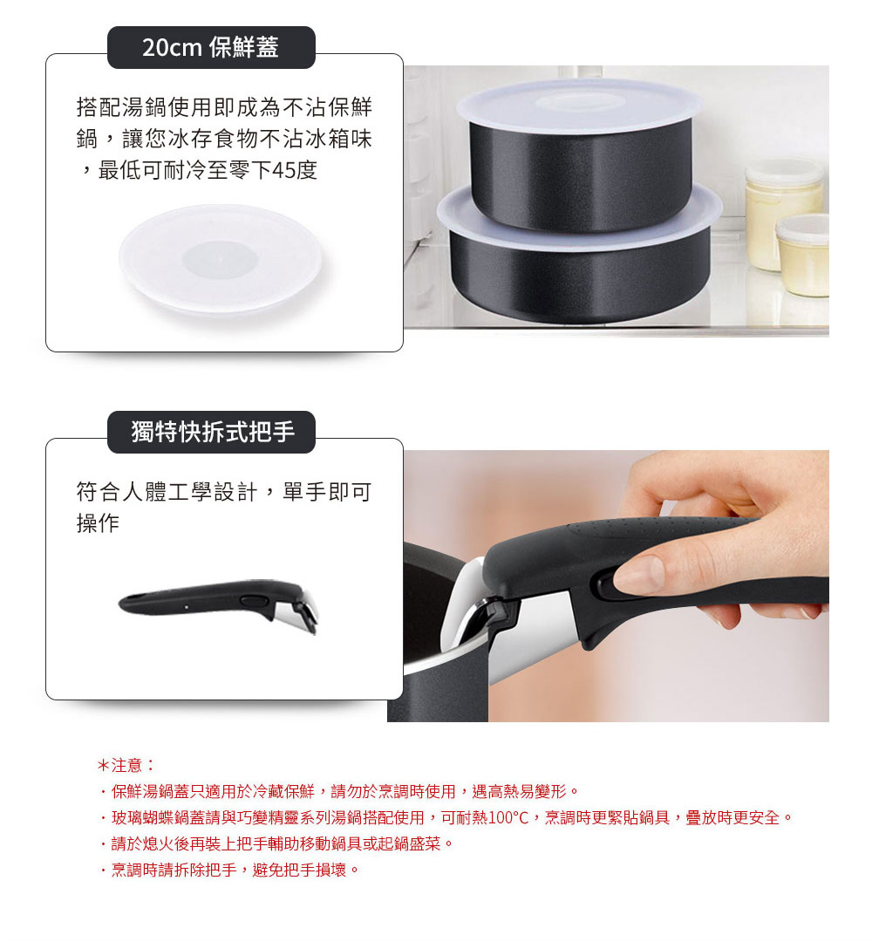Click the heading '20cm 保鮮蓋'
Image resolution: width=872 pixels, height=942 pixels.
[x=210, y=47]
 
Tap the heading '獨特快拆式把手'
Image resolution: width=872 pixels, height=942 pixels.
[x=213, y=432]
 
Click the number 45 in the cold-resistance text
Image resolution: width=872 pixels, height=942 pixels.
[x=283, y=171]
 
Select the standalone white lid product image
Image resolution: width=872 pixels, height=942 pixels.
[x=220, y=260]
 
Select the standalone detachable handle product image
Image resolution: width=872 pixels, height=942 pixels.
[x=219, y=604]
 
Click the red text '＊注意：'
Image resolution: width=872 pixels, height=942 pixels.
[x=126, y=766]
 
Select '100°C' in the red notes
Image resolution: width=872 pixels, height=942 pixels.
[x=508, y=817]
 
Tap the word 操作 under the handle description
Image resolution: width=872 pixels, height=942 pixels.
[x=98, y=522]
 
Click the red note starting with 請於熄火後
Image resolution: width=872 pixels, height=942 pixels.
[x=276, y=844]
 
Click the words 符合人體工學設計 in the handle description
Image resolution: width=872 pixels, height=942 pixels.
[x=167, y=492]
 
